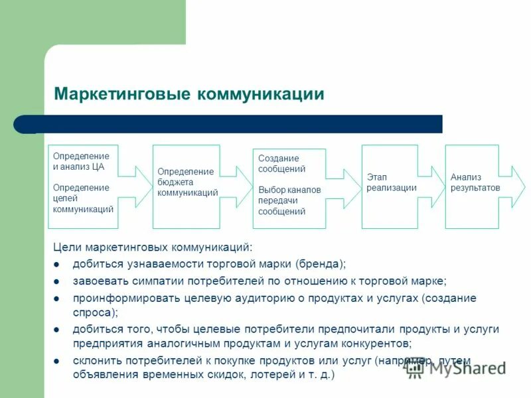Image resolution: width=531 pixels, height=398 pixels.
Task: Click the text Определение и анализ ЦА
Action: [x=78, y=161]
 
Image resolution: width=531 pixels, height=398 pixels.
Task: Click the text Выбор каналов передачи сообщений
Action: [x=289, y=200]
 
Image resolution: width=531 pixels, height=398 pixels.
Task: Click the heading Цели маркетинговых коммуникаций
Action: [x=153, y=247]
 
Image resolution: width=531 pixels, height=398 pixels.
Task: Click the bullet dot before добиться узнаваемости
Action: [x=57, y=265]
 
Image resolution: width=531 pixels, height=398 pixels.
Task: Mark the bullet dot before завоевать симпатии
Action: [x=57, y=281]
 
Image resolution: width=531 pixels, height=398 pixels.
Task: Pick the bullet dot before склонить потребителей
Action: [x=57, y=362]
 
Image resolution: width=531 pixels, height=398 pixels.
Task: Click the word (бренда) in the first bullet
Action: [x=321, y=263]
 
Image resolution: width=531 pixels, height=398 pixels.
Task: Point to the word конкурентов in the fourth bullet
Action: [x=379, y=344]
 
